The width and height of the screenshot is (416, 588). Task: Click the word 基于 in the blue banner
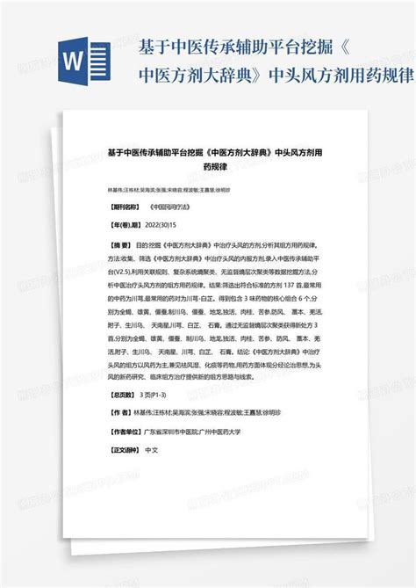point(149,44)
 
